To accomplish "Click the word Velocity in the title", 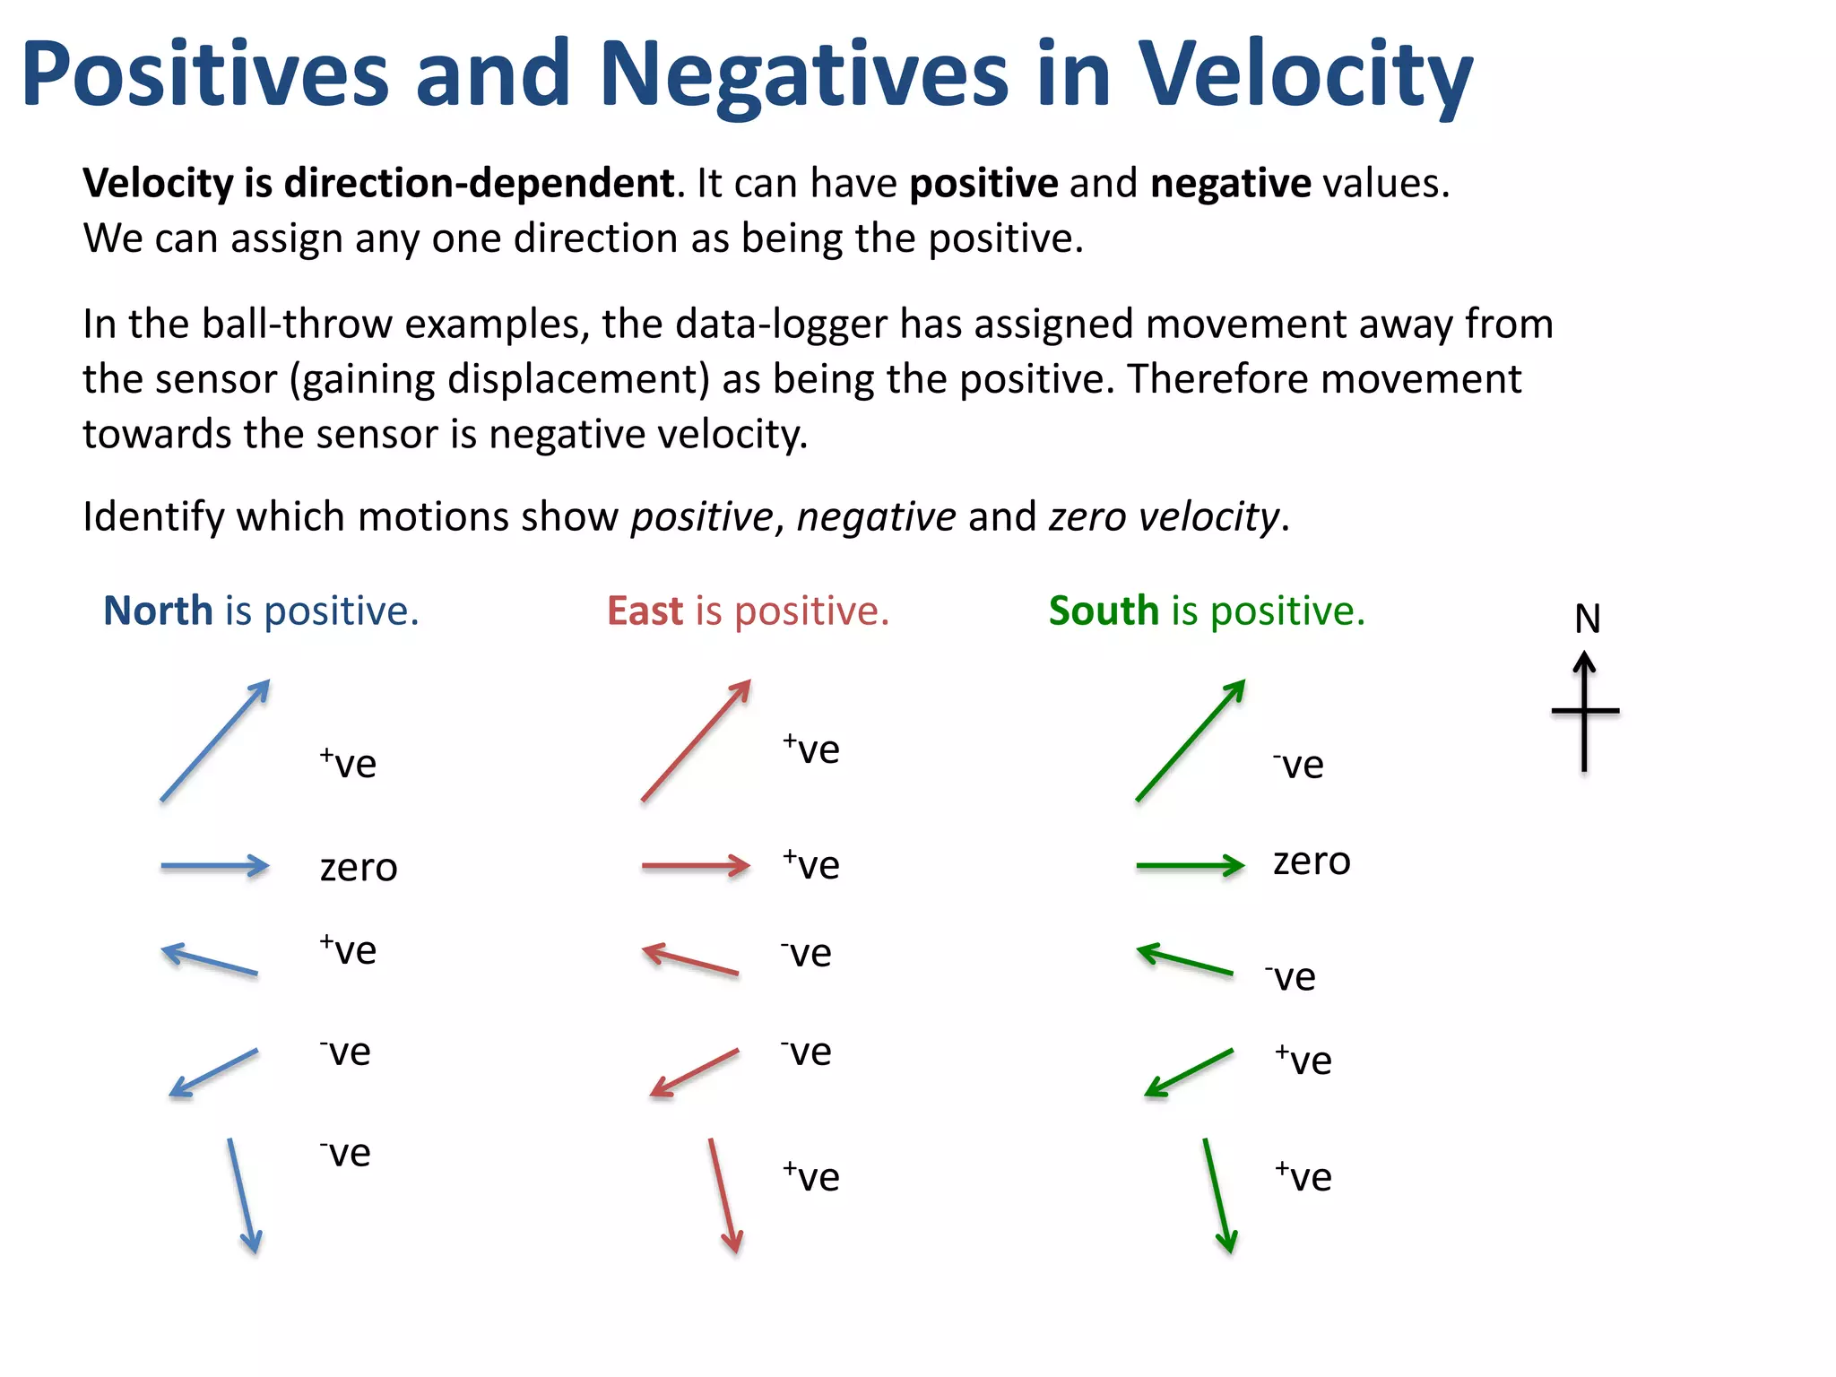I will pyautogui.click(x=1304, y=76).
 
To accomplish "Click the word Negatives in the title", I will pyautogui.click(x=803, y=76).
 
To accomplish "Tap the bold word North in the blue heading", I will pyautogui.click(x=158, y=611).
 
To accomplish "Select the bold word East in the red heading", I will pyautogui.click(x=645, y=611).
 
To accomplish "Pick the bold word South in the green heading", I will pyautogui.click(x=1104, y=611).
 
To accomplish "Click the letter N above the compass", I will pyautogui.click(x=1587, y=619).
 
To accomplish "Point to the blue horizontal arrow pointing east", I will pyautogui.click(x=215, y=866).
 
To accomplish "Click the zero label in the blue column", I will pyautogui.click(x=359, y=868).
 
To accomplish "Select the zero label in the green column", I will pyautogui.click(x=1312, y=862).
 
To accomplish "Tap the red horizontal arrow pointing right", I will pyautogui.click(x=696, y=866).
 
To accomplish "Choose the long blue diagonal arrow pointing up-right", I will pyautogui.click(x=215, y=740).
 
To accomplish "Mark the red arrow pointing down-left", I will pyautogui.click(x=695, y=1072).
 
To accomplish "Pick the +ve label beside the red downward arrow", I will pyautogui.click(x=810, y=1176).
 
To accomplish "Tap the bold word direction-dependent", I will pyautogui.click(x=479, y=184).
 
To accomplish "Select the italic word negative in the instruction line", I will pyautogui.click(x=876, y=517).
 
